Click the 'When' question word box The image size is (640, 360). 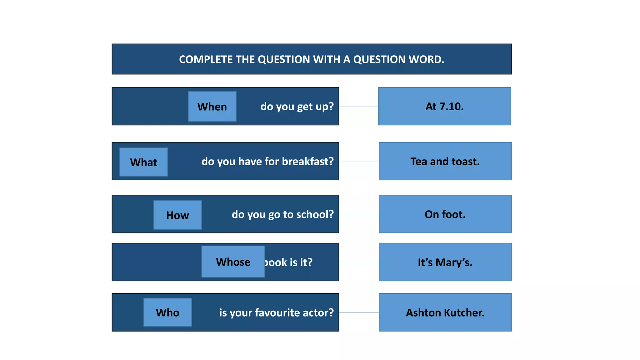tap(212, 107)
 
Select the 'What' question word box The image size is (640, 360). tap(143, 162)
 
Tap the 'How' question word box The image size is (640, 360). tap(177, 215)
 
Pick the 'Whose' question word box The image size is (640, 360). tap(233, 262)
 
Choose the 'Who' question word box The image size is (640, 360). tap(167, 312)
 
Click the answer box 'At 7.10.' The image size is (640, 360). tap(444, 106)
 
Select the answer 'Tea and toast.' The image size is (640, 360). tap(445, 161)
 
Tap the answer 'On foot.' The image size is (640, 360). tap(445, 214)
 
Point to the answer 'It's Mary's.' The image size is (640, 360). tap(445, 262)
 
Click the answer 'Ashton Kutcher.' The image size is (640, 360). tap(445, 312)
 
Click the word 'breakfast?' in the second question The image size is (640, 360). tap(308, 161)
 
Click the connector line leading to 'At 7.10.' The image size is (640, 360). tap(359, 106)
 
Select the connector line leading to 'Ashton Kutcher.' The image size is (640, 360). tap(359, 312)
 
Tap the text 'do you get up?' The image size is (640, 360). tap(297, 107)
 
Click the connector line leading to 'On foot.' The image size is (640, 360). tap(359, 214)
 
